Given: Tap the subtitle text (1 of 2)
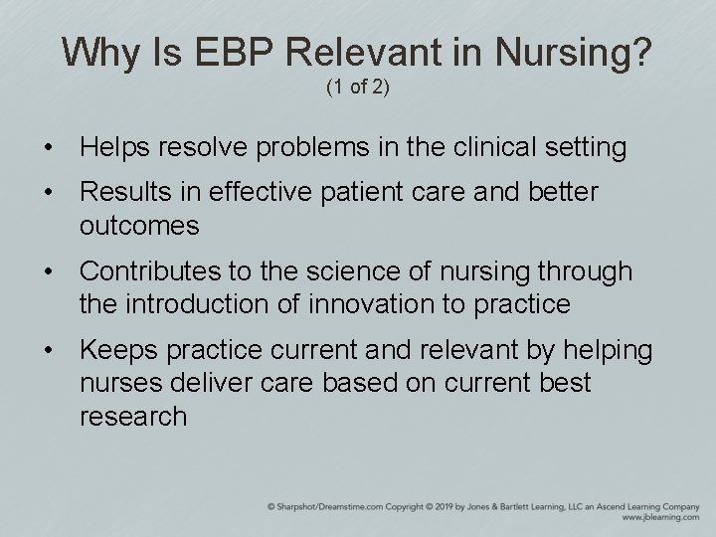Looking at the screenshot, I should click(358, 89).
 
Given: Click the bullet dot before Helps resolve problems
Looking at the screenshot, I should click(48, 149).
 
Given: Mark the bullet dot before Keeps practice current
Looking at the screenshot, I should click(48, 351).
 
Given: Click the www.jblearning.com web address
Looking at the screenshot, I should click(660, 518).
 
